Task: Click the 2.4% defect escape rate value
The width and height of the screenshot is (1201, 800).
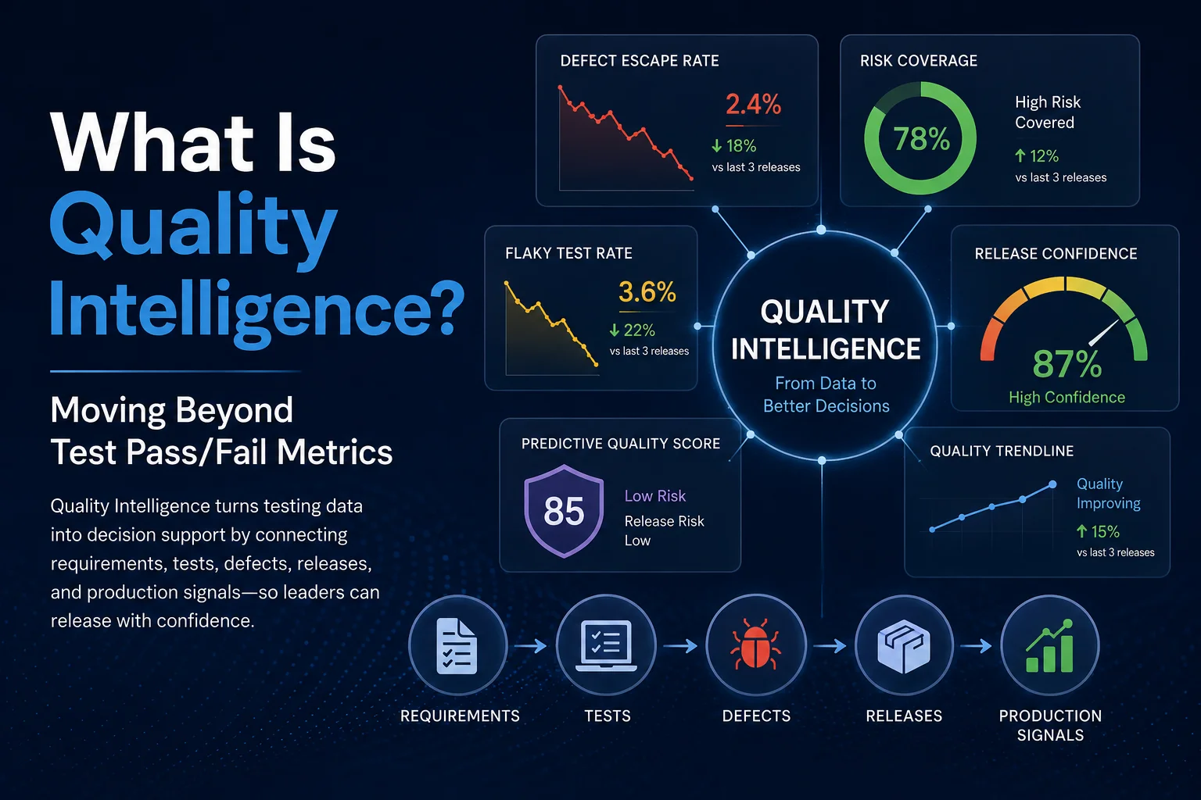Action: pos(753,104)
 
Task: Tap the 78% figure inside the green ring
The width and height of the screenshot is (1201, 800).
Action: pos(921,139)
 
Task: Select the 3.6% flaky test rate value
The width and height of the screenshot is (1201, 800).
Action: pos(647,292)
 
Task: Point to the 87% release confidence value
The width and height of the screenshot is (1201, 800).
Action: pos(1067,364)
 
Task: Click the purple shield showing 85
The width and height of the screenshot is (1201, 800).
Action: pos(564,511)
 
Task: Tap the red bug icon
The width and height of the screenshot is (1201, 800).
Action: pos(755,645)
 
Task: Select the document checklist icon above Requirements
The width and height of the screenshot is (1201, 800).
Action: pos(457,645)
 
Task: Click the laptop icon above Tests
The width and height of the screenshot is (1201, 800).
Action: pos(607,645)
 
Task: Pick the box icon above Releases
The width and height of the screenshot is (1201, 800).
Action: pos(903,646)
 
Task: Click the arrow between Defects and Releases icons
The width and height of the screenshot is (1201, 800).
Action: pos(830,646)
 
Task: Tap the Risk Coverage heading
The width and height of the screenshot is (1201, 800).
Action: pos(919,61)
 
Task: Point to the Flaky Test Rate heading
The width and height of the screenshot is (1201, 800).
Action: pos(568,253)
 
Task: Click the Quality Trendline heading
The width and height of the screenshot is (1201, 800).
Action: pos(1002,452)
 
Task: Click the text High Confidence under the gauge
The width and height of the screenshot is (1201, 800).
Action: pos(1067,398)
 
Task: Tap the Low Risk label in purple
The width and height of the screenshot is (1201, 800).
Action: pos(654,495)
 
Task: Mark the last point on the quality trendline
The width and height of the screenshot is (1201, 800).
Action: pos(1052,484)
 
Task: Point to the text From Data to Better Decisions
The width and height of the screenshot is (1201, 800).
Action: pos(826,395)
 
